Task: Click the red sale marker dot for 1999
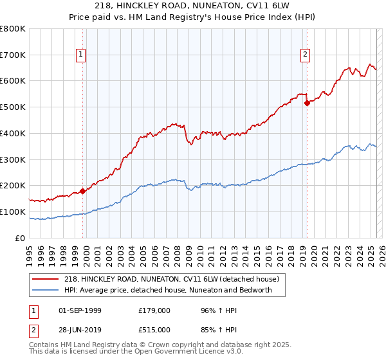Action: point(82,191)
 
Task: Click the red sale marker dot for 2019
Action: point(307,102)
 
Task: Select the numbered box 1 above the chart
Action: point(81,55)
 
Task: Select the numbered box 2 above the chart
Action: point(305,55)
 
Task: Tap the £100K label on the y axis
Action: point(14,212)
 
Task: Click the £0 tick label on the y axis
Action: point(21,238)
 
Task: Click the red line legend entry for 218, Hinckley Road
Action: point(171,279)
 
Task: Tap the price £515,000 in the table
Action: point(154,329)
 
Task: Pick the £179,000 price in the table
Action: point(154,310)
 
